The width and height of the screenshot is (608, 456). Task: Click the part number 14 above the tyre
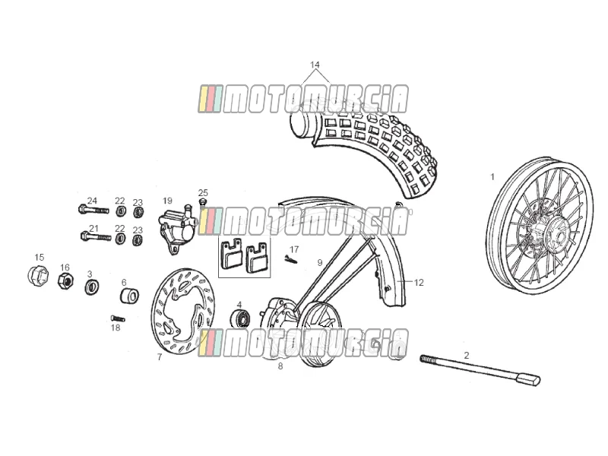tap(315, 65)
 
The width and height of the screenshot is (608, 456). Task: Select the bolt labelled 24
tap(93, 210)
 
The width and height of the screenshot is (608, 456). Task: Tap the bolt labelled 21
tap(96, 236)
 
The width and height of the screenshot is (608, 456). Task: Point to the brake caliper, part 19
tap(176, 229)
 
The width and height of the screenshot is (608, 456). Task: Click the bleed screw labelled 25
tap(202, 201)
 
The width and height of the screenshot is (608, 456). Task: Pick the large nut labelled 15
tap(38, 276)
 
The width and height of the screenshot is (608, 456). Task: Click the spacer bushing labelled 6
tap(129, 296)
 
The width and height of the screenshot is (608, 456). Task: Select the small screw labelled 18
tap(118, 318)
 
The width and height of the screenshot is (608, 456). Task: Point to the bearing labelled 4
tap(240, 318)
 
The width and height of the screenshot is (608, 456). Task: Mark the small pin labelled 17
tap(290, 259)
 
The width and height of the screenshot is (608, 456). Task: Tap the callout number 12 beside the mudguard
tap(419, 283)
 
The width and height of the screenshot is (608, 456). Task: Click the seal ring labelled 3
tap(92, 287)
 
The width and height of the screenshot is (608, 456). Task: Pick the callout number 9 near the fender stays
tap(319, 263)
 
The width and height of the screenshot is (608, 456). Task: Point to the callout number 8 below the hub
tap(280, 366)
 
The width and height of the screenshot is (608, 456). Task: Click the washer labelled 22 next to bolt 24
tap(121, 211)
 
